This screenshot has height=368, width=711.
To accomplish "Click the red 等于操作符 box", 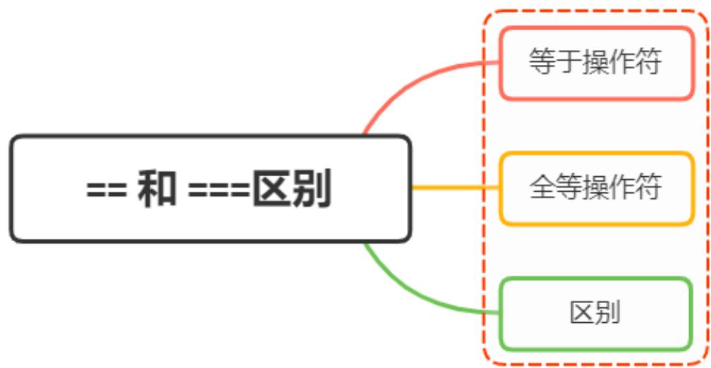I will click(x=596, y=63).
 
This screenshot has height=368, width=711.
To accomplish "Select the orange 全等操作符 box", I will click(x=596, y=188).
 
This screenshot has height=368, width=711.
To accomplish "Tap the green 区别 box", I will click(x=596, y=313).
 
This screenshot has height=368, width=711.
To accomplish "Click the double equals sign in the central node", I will click(x=107, y=190).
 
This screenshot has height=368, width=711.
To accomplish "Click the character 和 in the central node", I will click(x=157, y=189).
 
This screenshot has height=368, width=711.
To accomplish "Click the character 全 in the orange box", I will click(x=542, y=188).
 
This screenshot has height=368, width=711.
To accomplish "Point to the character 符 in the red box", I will click(x=648, y=63).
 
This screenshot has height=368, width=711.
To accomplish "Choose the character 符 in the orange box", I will click(x=648, y=188).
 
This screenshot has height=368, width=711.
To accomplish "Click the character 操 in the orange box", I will click(x=595, y=188).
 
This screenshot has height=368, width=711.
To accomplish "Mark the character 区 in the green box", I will click(x=583, y=313).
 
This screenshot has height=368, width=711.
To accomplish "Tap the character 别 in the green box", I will click(x=609, y=313).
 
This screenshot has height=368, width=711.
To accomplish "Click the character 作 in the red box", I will click(x=622, y=63).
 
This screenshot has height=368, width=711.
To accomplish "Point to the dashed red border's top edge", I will click(x=596, y=11).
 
